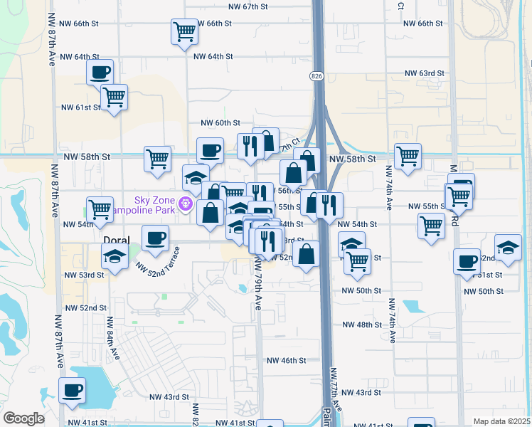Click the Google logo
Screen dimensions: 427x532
click(24, 418)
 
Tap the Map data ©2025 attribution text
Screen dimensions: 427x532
click(501, 421)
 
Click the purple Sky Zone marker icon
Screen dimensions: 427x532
click(186, 204)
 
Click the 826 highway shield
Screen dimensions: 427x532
click(316, 75)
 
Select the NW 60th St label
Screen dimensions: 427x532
click(220, 123)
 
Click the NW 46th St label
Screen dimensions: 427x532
click(286, 361)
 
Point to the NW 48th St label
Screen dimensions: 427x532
click(362, 325)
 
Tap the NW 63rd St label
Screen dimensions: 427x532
click(425, 73)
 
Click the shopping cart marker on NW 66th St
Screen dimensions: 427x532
click(184, 31)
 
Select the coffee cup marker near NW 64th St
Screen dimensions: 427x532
click(100, 72)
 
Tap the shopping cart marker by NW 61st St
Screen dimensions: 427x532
click(114, 97)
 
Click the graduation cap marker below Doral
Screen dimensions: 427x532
click(115, 257)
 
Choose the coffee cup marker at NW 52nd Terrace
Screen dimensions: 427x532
click(155, 238)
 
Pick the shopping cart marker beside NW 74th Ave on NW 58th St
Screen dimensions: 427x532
click(408, 157)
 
